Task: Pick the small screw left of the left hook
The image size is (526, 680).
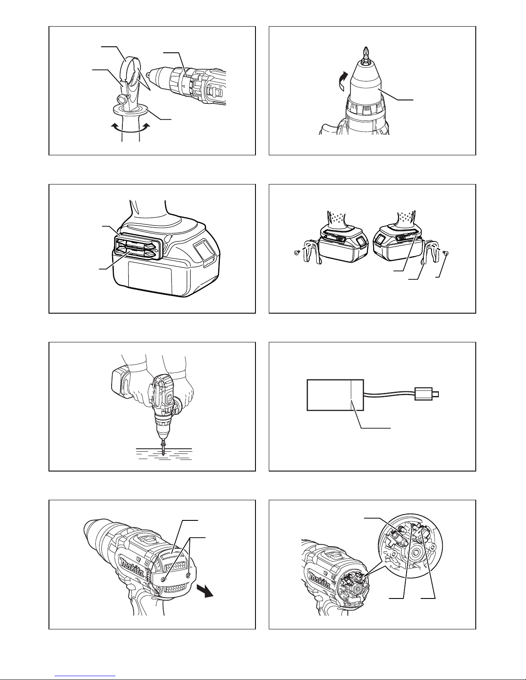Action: click(297, 252)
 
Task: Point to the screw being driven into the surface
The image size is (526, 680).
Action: click(164, 448)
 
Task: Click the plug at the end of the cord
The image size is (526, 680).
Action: click(426, 394)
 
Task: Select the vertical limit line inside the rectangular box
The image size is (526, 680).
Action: click(352, 395)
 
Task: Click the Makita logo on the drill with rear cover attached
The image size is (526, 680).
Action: click(133, 567)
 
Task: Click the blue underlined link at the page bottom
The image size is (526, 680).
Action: click(85, 675)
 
